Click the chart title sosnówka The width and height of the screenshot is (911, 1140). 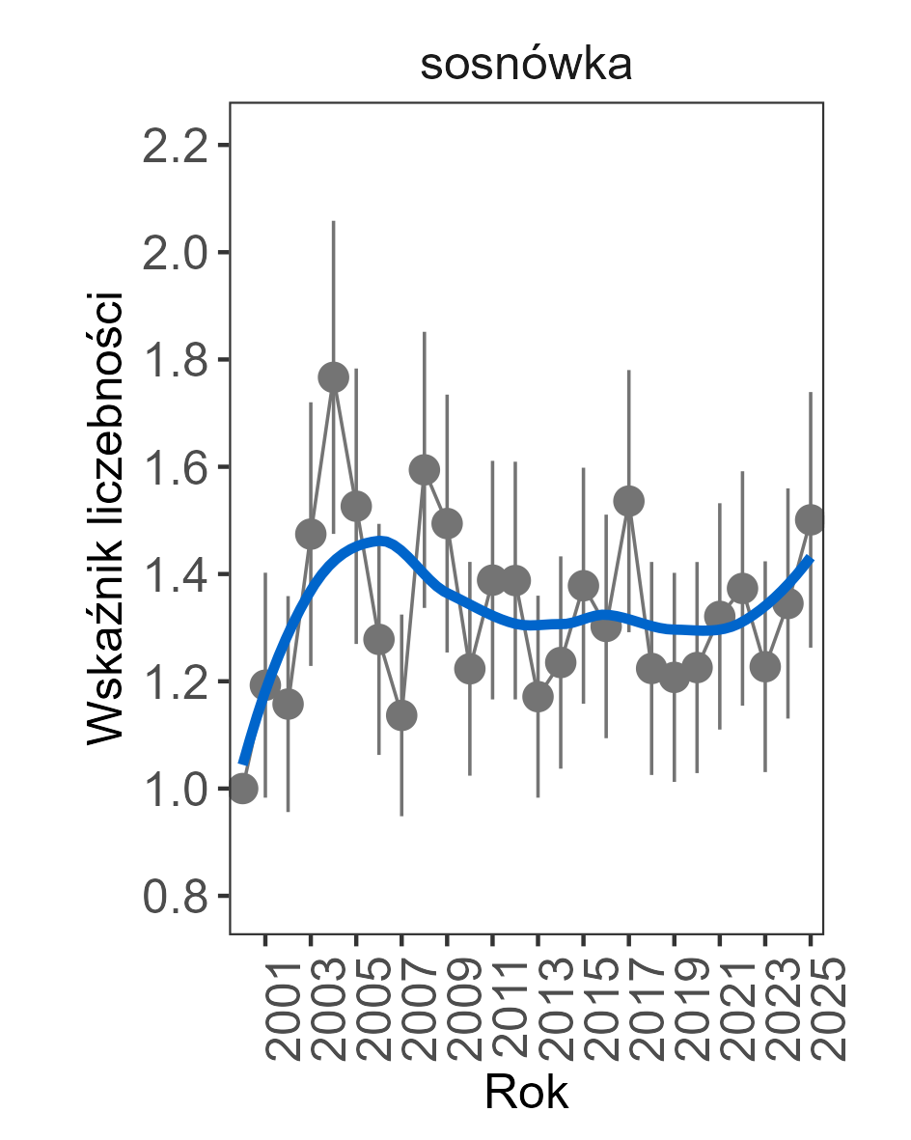(526, 67)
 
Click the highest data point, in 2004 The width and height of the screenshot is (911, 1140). (333, 377)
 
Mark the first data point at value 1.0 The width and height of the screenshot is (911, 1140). (242, 788)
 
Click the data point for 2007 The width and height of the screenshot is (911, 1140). (401, 715)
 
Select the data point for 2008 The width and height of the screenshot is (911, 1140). (425, 470)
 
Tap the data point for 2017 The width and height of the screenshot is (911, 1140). (629, 501)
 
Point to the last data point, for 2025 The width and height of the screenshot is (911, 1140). (811, 519)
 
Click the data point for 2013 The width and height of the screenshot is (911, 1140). (538, 696)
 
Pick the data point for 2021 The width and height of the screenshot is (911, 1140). (720, 616)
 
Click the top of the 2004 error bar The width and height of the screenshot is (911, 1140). (333, 221)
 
